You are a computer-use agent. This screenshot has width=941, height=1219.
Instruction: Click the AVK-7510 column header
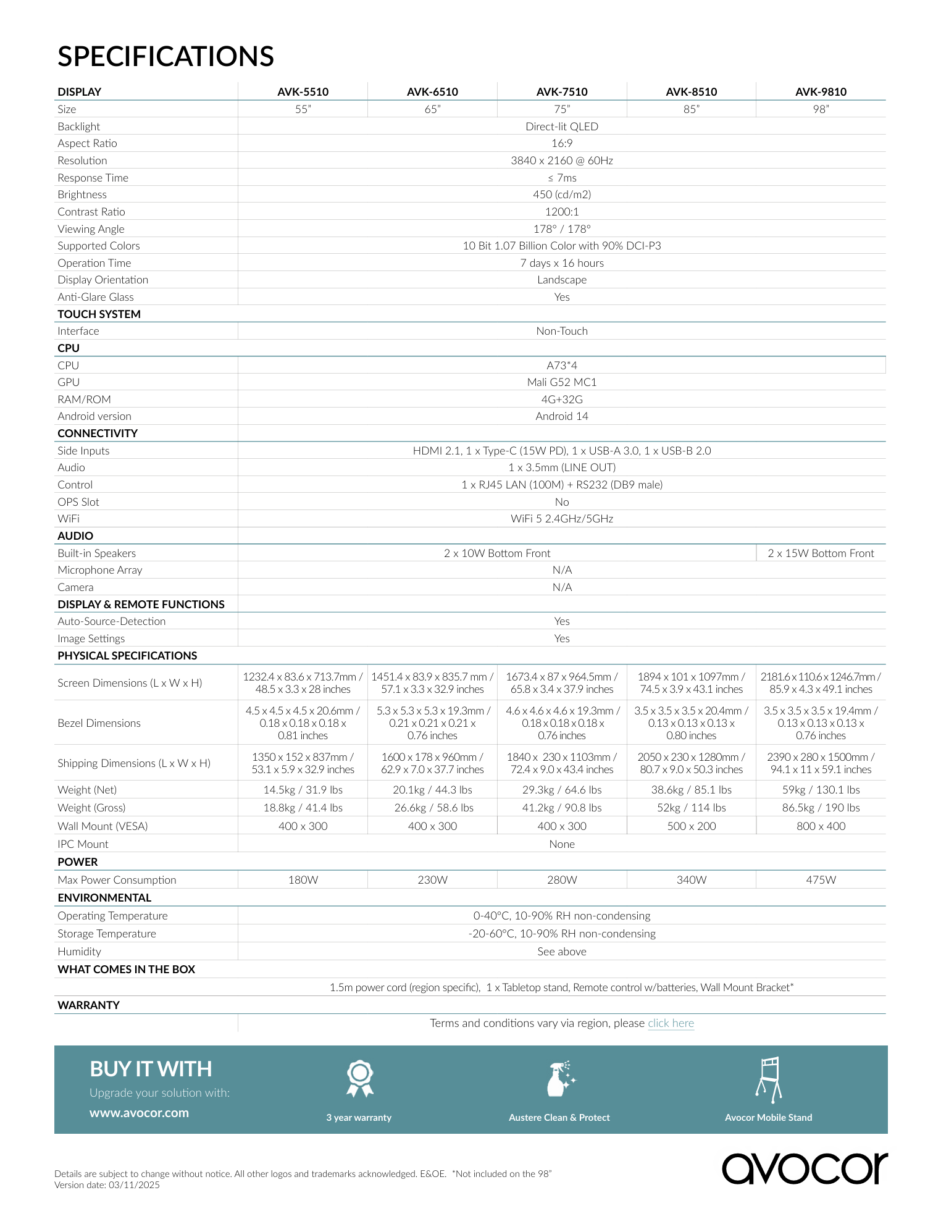tap(562, 92)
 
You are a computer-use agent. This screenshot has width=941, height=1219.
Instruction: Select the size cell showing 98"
tap(821, 109)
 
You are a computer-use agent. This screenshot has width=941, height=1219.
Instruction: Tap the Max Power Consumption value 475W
tap(821, 880)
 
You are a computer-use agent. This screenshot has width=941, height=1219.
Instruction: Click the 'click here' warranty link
tap(671, 1023)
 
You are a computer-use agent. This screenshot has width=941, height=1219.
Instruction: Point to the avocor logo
tap(805, 1168)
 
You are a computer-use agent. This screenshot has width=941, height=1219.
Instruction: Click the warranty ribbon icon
tap(359, 1078)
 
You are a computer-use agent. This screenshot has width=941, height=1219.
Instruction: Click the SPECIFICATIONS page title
tap(165, 56)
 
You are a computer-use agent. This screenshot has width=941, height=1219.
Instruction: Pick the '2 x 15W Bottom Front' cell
tap(821, 553)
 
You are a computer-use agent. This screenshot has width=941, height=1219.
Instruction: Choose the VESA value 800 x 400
tap(821, 826)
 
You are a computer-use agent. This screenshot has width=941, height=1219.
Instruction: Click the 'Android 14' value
tap(562, 416)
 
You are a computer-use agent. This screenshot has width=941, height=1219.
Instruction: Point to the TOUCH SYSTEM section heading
tap(99, 314)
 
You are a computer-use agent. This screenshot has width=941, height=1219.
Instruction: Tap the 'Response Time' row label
tap(93, 178)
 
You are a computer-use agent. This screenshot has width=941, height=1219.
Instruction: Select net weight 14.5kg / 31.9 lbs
tap(303, 790)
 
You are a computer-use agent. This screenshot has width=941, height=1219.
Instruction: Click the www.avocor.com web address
tap(139, 1113)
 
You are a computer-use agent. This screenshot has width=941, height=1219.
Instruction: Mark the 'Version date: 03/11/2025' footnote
tap(107, 1185)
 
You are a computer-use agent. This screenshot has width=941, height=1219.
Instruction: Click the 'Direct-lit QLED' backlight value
tap(562, 127)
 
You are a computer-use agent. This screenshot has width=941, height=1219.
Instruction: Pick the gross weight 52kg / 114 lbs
tap(691, 808)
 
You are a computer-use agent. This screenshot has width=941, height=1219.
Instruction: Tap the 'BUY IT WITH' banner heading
tap(151, 1069)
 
